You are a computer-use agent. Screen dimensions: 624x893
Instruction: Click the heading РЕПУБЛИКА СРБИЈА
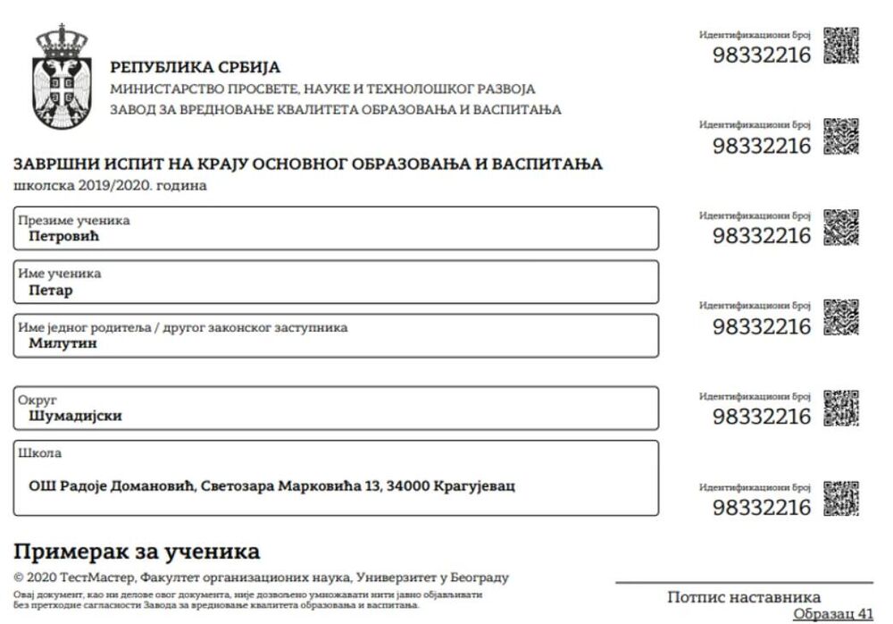pos(195,67)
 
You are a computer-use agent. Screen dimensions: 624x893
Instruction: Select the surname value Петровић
pos(63,237)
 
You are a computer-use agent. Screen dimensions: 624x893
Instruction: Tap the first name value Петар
pos(50,291)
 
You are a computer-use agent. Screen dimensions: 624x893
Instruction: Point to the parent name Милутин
pos(63,343)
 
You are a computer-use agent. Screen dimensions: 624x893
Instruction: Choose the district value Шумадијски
pos(75,416)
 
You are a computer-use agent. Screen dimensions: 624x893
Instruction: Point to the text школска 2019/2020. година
pos(110,186)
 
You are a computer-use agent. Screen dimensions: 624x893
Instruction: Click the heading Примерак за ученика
pos(137,550)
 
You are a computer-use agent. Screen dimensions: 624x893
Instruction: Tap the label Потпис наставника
pos(744,597)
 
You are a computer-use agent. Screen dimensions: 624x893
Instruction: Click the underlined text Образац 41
pos(833,614)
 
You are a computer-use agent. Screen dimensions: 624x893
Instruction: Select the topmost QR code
pos(840,46)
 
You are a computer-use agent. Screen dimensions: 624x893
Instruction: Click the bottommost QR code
pos(840,499)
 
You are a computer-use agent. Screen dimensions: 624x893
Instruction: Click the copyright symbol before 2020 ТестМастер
pos(19,578)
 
